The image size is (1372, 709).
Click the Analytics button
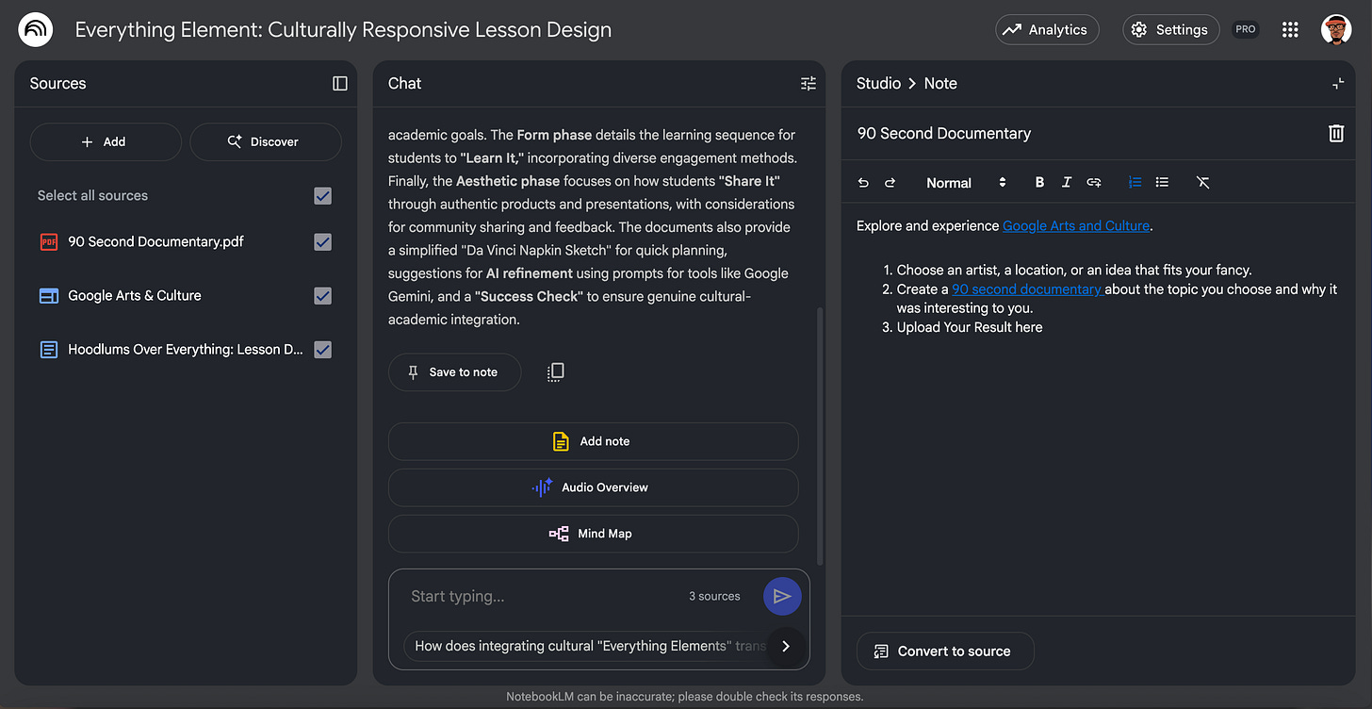click(1047, 30)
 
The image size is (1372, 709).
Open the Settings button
click(1170, 30)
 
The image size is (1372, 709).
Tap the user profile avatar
click(1336, 30)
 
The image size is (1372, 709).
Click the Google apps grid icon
click(1290, 30)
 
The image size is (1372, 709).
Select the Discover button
click(265, 141)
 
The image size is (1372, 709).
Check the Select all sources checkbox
click(322, 196)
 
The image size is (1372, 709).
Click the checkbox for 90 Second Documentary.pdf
click(322, 242)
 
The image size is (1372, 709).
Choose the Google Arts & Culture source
click(135, 296)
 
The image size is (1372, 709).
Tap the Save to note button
click(454, 372)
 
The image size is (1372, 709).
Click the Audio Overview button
click(593, 487)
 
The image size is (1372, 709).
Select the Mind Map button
click(593, 534)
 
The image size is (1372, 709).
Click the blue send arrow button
click(781, 596)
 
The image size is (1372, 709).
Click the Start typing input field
click(537, 596)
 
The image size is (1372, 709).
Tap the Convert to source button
click(944, 651)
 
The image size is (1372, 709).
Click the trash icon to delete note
click(1335, 134)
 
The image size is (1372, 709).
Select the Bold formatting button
click(1039, 183)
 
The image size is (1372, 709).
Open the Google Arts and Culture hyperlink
click(1075, 226)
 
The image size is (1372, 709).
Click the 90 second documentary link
click(1026, 289)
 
